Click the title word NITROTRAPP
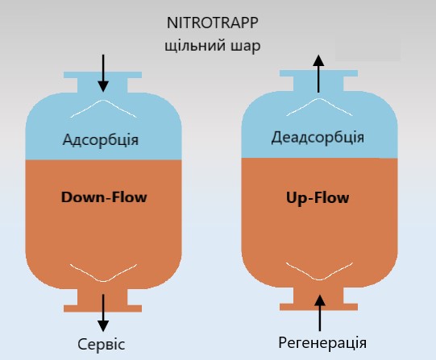coord(213,23)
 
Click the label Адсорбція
coord(101,139)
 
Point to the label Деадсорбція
coord(318,137)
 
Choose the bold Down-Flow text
coord(104,197)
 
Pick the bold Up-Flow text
coord(318,198)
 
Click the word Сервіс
coord(102,345)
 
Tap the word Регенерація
coord(322,343)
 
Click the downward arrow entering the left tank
coord(103,73)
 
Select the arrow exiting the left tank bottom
coord(103,312)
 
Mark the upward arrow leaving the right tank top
coord(318,73)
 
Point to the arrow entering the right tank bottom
coord(320,313)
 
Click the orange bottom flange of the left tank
coord(103,308)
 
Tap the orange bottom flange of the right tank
coord(318,307)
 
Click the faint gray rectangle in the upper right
coord(368,49)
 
